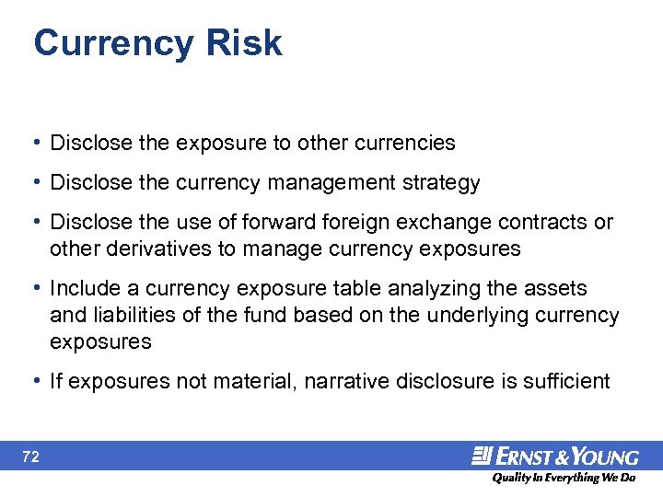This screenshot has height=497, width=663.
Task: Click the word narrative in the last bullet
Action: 343,381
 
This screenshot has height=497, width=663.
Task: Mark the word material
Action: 251,381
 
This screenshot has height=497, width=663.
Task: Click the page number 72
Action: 29,456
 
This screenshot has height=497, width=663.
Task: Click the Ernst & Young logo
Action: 555,456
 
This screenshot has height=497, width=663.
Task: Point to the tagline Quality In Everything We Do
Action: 563,478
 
